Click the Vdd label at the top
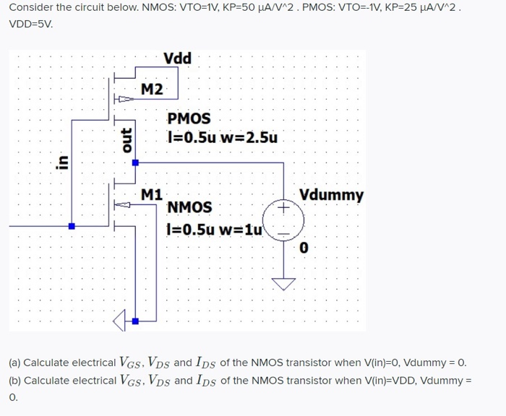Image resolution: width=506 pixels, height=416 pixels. click(x=177, y=58)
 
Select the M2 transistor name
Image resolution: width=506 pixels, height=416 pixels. click(x=152, y=90)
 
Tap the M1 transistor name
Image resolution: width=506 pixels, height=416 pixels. click(x=152, y=194)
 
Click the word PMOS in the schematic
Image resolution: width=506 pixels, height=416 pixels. click(x=189, y=118)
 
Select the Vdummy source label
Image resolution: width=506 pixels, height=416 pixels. click(x=331, y=195)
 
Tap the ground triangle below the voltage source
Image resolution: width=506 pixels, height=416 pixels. click(x=283, y=283)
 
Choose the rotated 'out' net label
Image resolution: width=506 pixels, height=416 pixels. click(x=126, y=140)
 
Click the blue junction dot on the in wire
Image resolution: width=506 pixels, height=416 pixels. click(x=71, y=226)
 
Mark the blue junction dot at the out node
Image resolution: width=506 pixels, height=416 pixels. click(x=135, y=163)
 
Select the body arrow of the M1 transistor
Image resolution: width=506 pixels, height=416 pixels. click(x=124, y=205)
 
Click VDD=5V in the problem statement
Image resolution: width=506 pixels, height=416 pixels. click(x=30, y=23)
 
